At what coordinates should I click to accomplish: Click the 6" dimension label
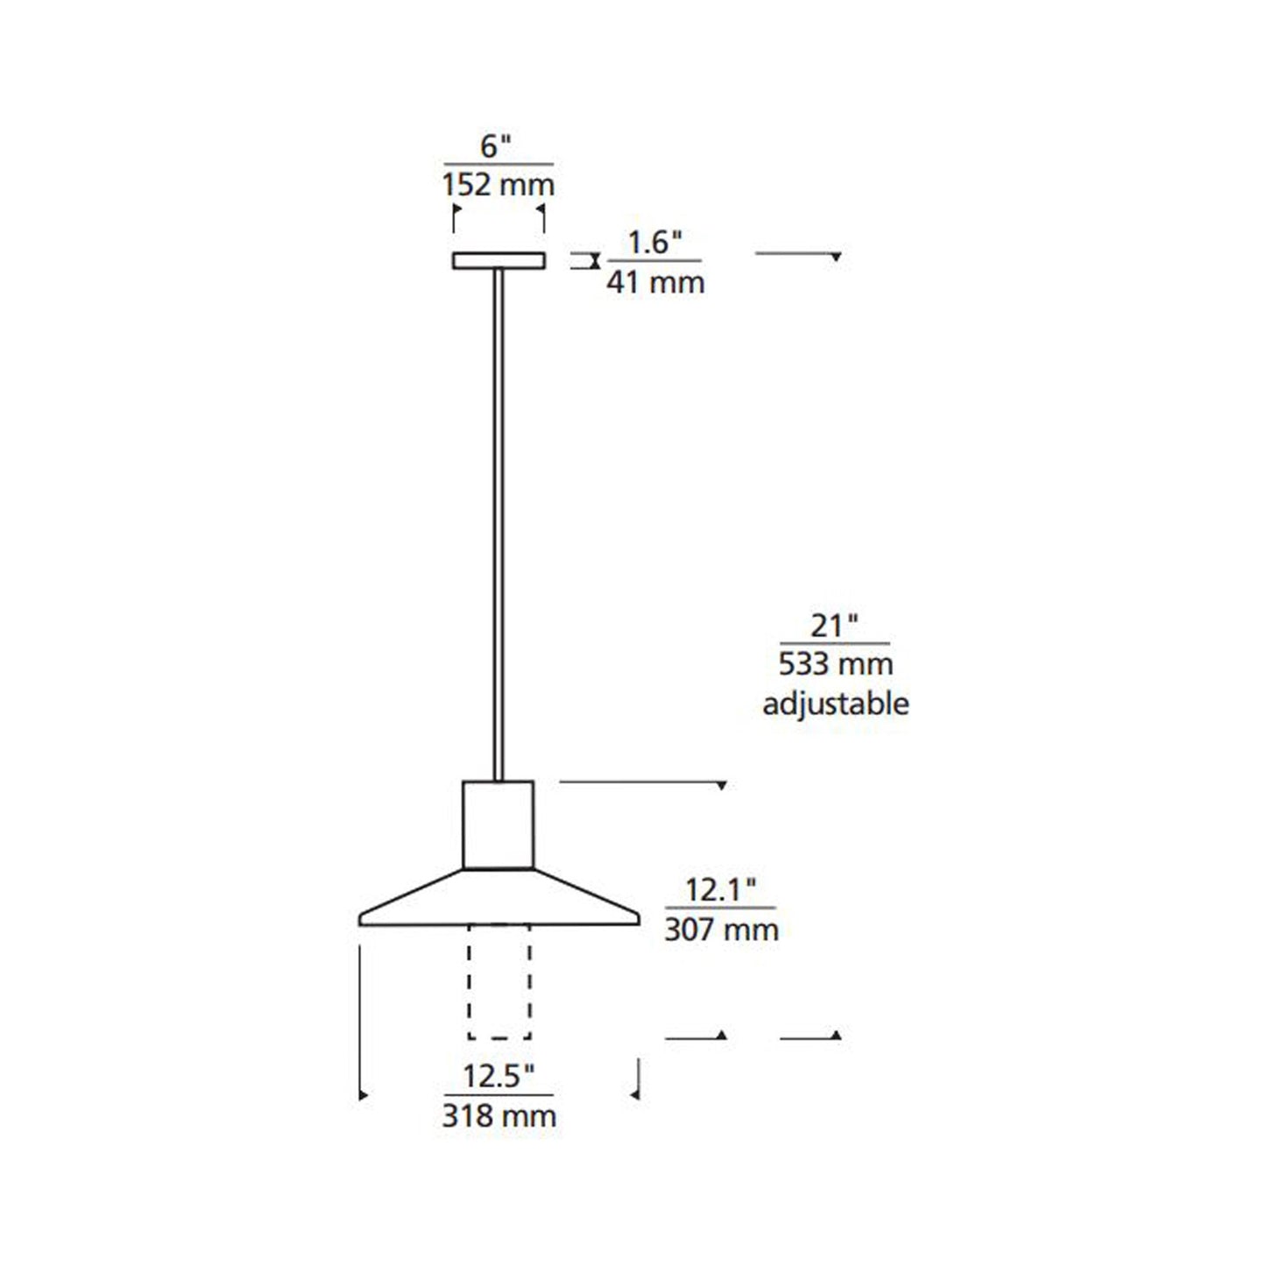coord(496,146)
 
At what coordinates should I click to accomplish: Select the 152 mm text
coord(498,185)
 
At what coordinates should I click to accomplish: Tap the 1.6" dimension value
coord(654,242)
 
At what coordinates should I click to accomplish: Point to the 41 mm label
coord(655,282)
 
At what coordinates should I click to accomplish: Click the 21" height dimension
coord(833,626)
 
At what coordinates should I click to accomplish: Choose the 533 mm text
coord(835,664)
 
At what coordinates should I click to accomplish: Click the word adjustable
coord(835,704)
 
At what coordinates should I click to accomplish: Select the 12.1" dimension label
coord(719,890)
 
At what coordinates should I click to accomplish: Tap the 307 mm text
coord(721,929)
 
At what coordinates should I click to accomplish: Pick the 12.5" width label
coord(498,1076)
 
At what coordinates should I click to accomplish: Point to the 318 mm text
coord(499,1115)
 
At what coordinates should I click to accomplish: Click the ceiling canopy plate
coord(499,260)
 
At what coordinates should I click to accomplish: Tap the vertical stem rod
coord(499,526)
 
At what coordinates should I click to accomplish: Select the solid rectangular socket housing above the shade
coord(498,824)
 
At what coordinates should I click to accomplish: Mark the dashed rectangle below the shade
coord(499,981)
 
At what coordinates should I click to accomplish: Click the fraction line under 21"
coord(834,644)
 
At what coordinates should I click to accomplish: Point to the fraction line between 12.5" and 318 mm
coord(499,1095)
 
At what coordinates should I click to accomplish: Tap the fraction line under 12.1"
coord(720,909)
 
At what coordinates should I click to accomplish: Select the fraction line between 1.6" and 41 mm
coord(654,261)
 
